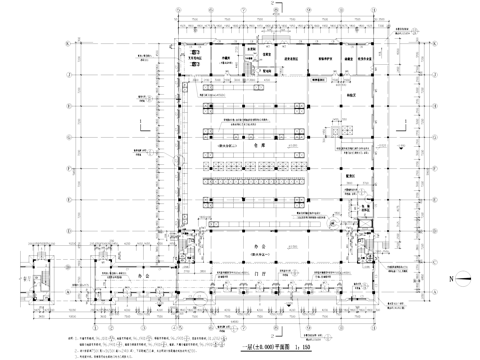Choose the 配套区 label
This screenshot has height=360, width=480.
click(x=352, y=174)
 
